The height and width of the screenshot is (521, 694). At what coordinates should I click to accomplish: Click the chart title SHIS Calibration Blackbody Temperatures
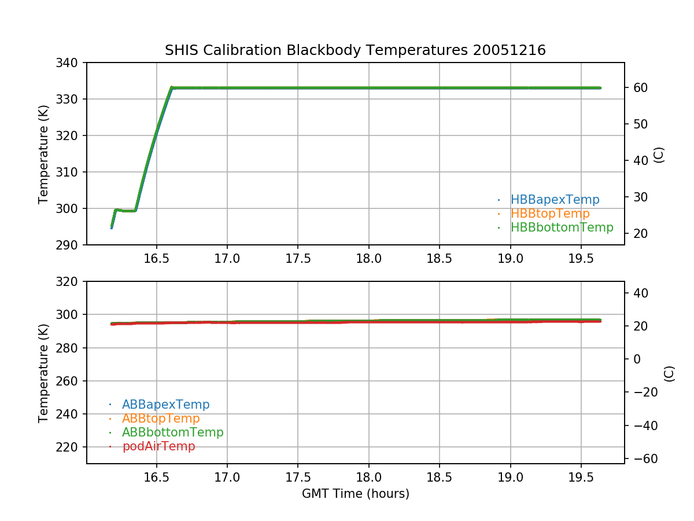355,50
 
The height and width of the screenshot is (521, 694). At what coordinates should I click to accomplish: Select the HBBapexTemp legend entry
555,200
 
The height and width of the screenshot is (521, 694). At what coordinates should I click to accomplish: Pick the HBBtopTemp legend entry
550,214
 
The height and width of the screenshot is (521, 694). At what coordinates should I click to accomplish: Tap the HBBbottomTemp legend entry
562,228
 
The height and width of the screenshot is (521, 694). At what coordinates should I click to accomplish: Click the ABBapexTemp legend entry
165,405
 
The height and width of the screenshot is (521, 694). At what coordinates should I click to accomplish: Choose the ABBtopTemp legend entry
161,419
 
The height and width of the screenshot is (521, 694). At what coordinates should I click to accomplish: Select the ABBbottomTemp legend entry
172,432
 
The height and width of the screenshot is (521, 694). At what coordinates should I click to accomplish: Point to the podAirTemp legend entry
158,446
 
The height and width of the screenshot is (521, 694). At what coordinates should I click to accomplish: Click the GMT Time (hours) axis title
355,494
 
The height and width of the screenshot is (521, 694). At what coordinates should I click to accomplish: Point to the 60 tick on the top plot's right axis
637,88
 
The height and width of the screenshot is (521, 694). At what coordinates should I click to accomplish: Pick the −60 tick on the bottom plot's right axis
640,459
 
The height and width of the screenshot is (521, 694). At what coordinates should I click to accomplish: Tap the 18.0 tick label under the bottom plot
369,477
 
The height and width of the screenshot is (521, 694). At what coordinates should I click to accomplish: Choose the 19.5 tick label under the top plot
581,258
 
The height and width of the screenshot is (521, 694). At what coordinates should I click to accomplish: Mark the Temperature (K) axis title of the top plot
43,153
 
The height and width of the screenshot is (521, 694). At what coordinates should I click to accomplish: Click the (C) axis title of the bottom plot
669,373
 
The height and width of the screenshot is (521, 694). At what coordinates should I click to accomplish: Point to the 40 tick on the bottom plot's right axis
637,293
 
